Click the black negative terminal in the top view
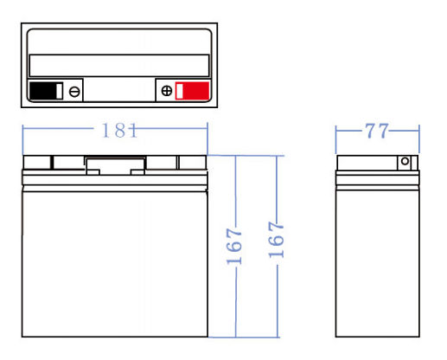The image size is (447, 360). click(x=46, y=91)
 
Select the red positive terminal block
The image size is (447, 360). click(x=192, y=91)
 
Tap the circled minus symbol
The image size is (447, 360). click(x=74, y=92)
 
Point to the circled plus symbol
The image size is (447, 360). click(x=167, y=91)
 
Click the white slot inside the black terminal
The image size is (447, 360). click(x=59, y=91)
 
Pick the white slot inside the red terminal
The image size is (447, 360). click(x=179, y=91)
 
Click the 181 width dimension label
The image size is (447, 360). click(x=119, y=130)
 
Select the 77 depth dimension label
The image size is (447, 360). click(x=377, y=131)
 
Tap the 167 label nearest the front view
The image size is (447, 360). click(x=234, y=247)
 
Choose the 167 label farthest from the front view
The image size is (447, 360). click(x=277, y=240)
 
